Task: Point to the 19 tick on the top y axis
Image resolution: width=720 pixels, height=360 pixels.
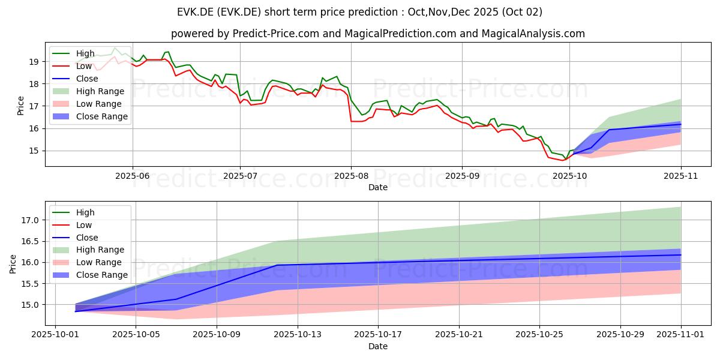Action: pyautogui.click(x=35, y=61)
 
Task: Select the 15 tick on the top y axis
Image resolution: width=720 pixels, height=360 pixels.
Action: pyautogui.click(x=35, y=151)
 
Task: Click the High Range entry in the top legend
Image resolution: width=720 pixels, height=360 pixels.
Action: pyautogui.click(x=100, y=91)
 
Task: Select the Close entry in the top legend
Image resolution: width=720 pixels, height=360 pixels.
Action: pyautogui.click(x=86, y=79)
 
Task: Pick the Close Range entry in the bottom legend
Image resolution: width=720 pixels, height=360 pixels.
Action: pyautogui.click(x=102, y=275)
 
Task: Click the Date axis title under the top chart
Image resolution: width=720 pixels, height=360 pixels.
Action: pyautogui.click(x=378, y=188)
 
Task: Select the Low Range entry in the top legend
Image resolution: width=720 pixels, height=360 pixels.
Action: pyautogui.click(x=99, y=104)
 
